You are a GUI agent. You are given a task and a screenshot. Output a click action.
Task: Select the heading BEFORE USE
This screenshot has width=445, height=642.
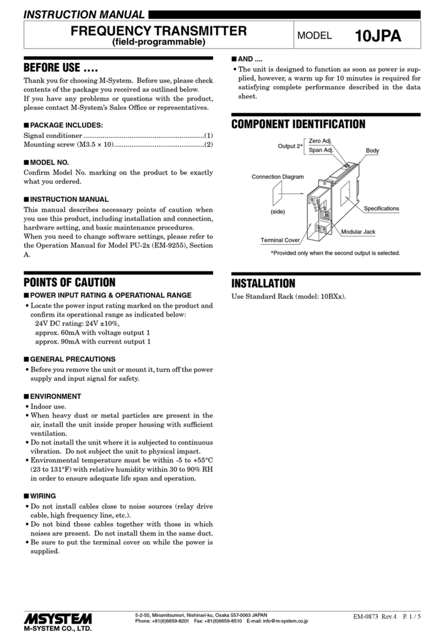click(x=61, y=69)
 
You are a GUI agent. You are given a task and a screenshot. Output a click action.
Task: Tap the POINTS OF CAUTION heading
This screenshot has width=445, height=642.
click(x=69, y=282)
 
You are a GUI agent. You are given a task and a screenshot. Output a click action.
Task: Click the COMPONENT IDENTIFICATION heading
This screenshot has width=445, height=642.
click(x=298, y=124)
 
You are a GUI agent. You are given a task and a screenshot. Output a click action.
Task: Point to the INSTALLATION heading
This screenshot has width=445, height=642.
click(x=263, y=283)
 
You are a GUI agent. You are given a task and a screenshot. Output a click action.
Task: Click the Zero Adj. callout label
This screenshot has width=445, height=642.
click(x=320, y=141)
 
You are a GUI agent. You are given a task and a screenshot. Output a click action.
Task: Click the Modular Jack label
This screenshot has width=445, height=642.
click(x=358, y=232)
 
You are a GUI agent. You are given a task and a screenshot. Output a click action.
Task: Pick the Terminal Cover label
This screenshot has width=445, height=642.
click(x=280, y=240)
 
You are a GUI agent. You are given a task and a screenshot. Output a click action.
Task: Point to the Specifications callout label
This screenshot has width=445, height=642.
click(x=381, y=208)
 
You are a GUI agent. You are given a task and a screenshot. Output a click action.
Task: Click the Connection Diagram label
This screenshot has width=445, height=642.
click(x=278, y=177)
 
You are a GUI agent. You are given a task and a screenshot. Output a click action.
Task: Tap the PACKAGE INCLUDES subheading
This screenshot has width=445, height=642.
click(x=67, y=126)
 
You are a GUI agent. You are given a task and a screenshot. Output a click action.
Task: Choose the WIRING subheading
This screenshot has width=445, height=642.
click(x=44, y=496)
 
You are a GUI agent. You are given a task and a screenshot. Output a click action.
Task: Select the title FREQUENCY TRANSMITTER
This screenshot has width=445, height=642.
click(x=159, y=31)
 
